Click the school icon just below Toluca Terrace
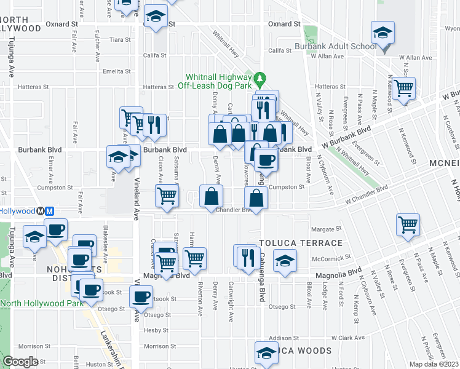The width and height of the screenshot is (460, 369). click(x=285, y=260)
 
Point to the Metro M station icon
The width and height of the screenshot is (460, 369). click(x=46, y=210)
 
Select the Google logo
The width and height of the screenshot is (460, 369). click(x=20, y=362)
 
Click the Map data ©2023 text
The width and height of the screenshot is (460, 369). click(x=434, y=364)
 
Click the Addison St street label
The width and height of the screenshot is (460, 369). click(x=283, y=338)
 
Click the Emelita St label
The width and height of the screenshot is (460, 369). click(x=115, y=71)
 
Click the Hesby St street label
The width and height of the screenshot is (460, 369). click(x=151, y=330)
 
